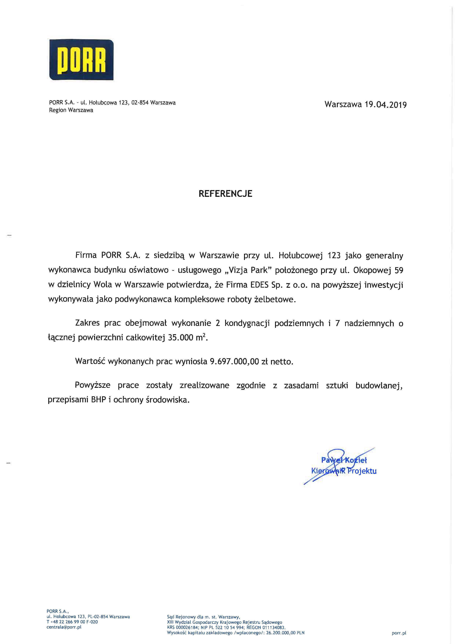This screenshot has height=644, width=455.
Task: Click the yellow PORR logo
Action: (81, 60)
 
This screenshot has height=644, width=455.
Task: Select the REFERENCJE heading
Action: (225, 194)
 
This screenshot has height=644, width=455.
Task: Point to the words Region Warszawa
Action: (71, 110)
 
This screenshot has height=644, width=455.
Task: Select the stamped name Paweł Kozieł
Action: (344, 460)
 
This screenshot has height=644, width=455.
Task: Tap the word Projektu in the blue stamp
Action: (362, 471)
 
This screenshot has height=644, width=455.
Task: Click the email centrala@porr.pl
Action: (64, 627)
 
